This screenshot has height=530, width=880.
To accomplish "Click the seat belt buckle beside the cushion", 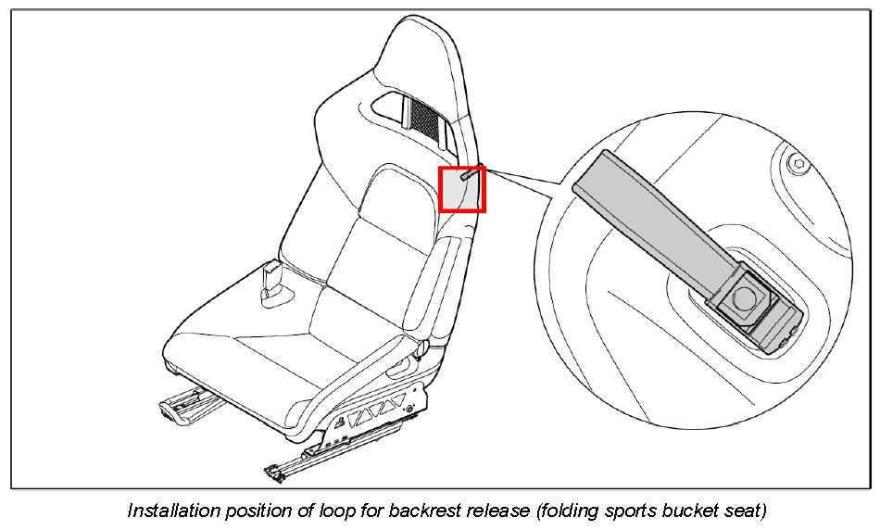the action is tap(274, 281).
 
